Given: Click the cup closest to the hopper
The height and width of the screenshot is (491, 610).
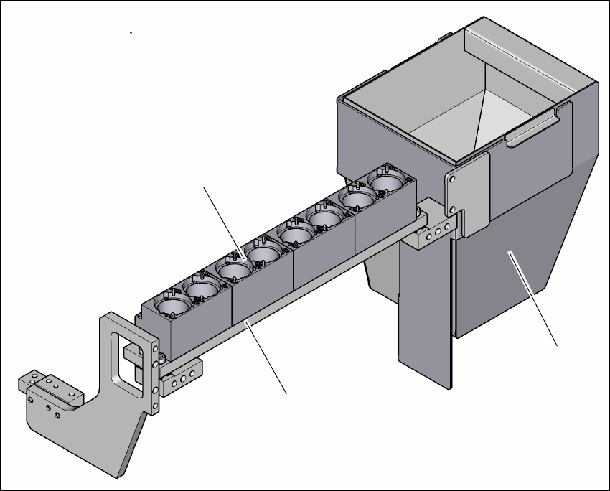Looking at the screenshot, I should coord(385,182).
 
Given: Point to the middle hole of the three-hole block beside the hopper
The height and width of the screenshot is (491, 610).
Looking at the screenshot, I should coord(437,233).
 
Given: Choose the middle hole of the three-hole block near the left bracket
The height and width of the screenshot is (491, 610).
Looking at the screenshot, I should coord(183,378).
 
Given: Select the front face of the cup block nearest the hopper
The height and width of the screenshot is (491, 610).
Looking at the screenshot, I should coord(385,226).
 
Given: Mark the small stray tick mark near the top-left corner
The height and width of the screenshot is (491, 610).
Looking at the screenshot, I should coord(130,33).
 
